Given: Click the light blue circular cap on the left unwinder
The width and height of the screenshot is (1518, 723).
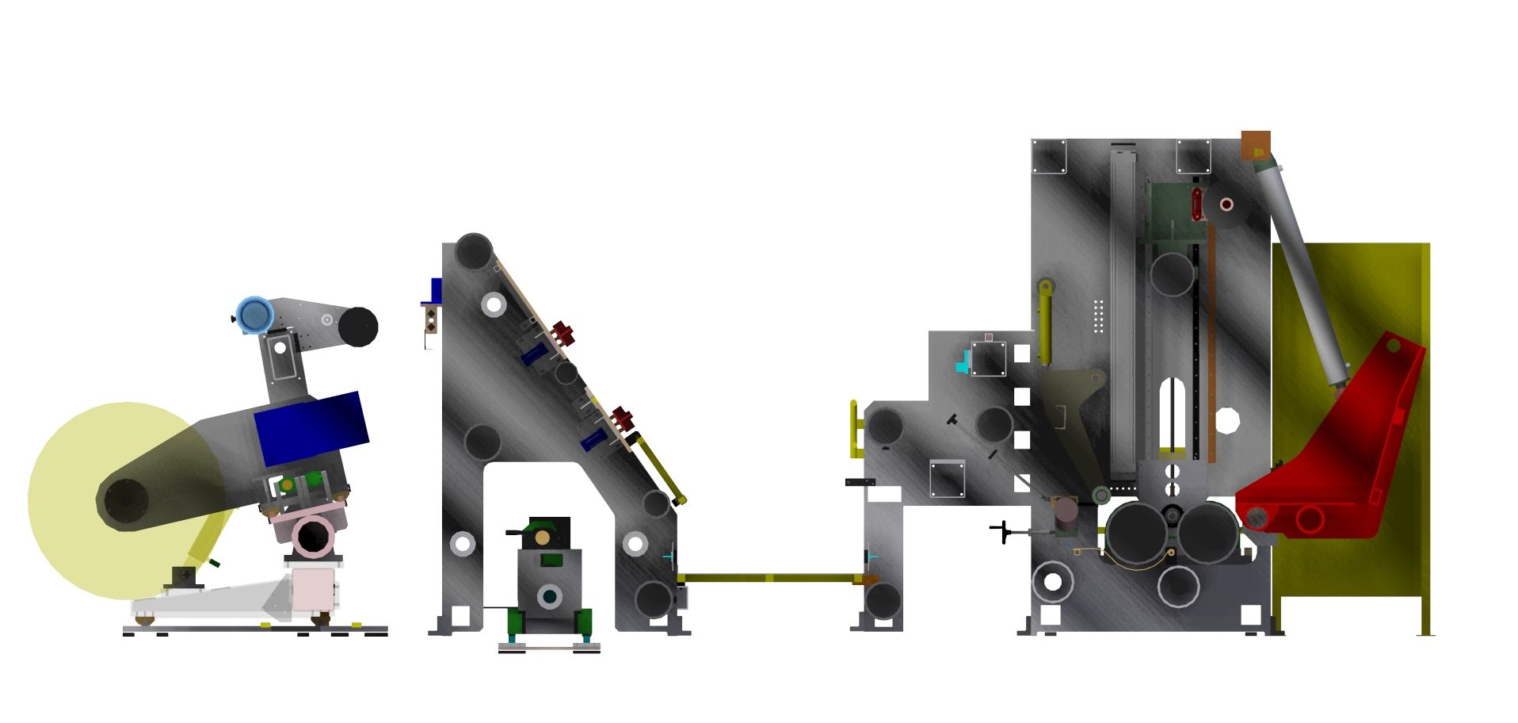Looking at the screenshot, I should point(254,315).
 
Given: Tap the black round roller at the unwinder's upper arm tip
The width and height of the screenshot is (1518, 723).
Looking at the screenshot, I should point(358,327).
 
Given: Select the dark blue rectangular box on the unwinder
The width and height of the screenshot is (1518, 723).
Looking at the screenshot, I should point(311,428).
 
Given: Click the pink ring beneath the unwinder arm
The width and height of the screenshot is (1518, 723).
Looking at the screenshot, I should point(314,537).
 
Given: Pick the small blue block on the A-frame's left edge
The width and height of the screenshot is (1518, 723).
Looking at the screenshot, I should point(435,290).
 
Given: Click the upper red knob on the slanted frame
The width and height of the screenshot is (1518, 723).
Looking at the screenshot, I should point(563,333).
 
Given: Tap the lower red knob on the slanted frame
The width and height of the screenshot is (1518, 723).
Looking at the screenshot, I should point(623,419).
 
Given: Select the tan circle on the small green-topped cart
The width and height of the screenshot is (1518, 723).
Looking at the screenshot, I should point(543,537).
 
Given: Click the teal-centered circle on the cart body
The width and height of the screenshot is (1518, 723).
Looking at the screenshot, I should point(548,596).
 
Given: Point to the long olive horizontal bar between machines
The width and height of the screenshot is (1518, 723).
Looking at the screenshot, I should point(772,578).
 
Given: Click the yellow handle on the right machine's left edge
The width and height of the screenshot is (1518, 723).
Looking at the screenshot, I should point(855,429).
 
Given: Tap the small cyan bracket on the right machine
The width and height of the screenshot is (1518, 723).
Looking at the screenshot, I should point(963,362).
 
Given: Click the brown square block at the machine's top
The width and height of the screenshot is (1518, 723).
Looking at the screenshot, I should point(1256,145).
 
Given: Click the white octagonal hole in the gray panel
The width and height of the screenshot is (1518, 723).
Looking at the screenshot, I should point(1226,420).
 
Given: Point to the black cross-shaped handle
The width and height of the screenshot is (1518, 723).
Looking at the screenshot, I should point(1005,531).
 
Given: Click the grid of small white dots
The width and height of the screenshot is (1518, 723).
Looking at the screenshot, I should point(1098,316).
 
